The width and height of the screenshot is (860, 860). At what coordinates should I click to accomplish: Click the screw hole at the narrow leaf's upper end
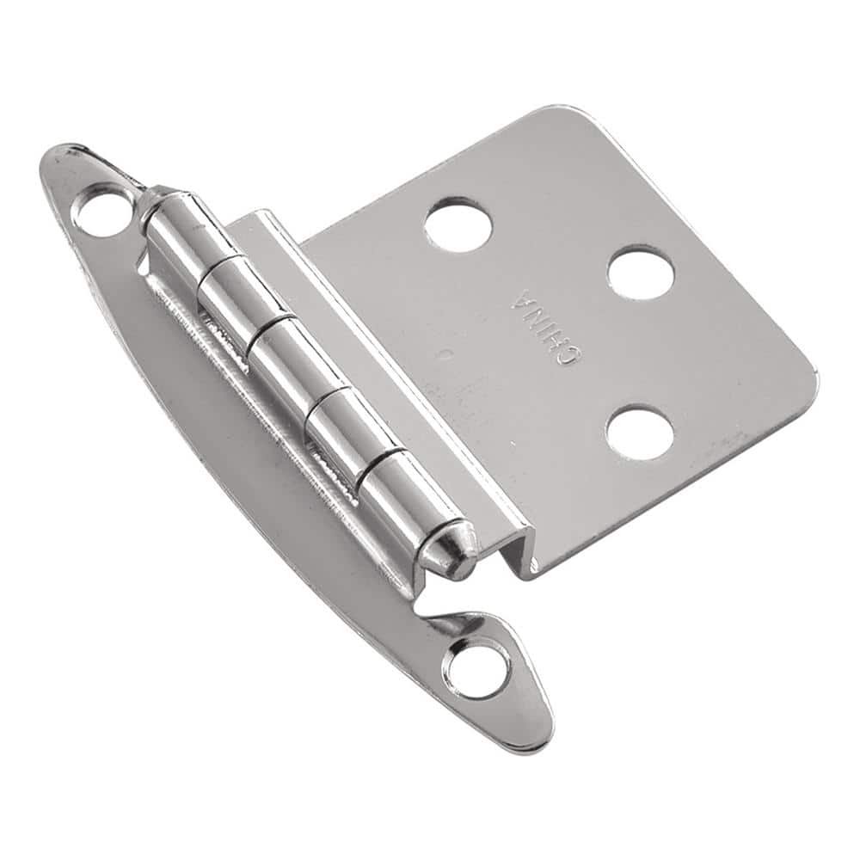point(103,210)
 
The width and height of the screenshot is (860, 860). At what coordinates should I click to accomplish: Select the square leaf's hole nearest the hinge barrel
point(458,224)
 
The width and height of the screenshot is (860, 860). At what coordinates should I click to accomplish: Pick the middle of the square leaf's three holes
point(641,273)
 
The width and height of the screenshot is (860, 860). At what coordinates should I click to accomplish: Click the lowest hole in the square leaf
point(639,432)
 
